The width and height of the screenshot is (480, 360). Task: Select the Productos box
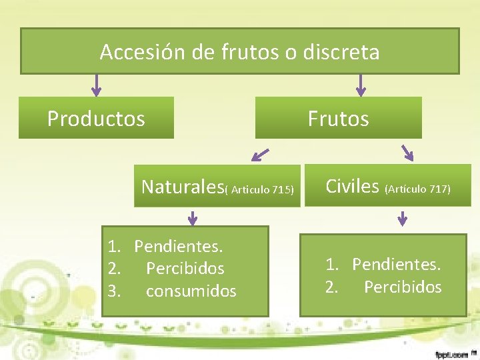[96, 119]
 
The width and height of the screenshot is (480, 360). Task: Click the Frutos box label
[338, 119]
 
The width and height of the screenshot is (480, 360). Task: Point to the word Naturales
[182, 186]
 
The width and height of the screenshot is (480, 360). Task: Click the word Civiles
[352, 186]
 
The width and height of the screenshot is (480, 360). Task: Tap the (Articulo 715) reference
[259, 190]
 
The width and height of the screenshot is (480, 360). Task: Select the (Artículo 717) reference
[418, 189]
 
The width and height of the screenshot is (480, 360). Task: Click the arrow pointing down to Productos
[97, 85]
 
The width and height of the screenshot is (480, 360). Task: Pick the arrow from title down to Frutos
[361, 85]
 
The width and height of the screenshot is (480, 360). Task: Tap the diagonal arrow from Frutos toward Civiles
[406, 153]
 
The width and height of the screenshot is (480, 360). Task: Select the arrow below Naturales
[193, 217]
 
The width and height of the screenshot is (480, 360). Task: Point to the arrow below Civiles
[403, 217]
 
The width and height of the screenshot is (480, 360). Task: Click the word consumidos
[191, 291]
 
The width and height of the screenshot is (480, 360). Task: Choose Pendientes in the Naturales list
[178, 247]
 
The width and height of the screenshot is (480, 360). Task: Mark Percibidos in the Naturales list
[185, 269]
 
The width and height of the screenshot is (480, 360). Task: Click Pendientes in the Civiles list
[396, 265]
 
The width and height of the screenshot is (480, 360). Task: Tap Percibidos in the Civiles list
[403, 287]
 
